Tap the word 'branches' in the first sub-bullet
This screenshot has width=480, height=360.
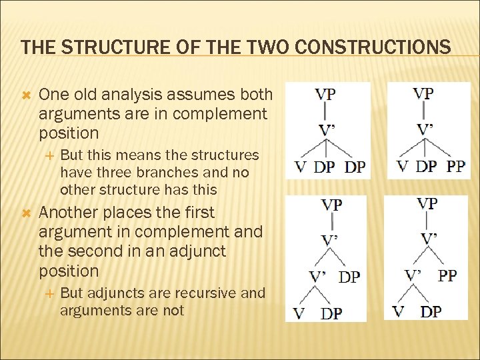[159, 172]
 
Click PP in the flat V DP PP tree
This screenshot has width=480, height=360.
[455, 165]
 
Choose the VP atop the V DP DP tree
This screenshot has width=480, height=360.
[325, 94]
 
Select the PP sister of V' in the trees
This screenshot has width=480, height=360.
[447, 275]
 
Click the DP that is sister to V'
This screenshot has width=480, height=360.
[349, 277]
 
